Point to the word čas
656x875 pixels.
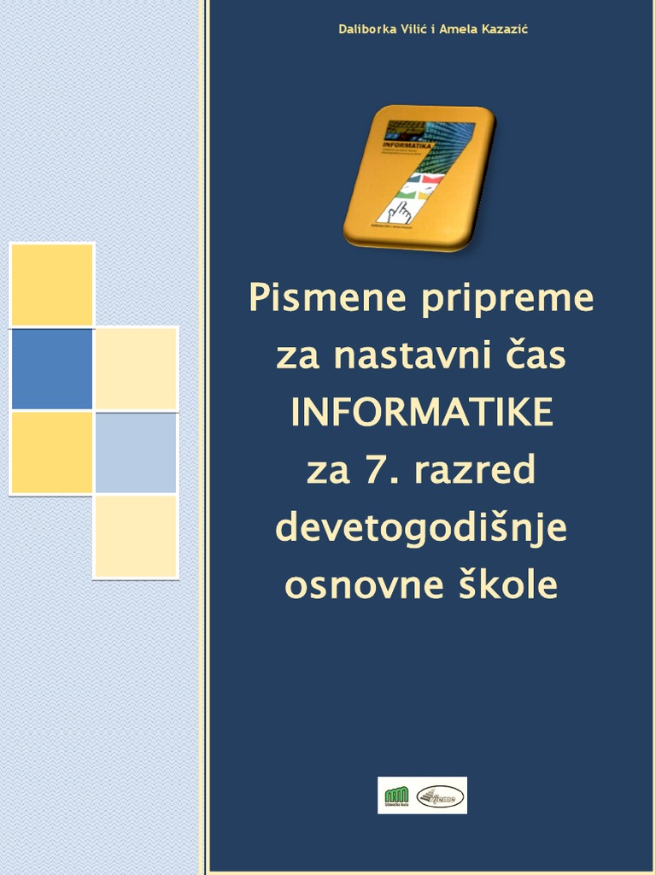pyautogui.click(x=535, y=355)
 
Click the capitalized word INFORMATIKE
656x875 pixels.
pyautogui.click(x=421, y=414)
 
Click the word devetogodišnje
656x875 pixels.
pyautogui.click(x=421, y=529)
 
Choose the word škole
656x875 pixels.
pyautogui.click(x=510, y=586)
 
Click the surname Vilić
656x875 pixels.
pyautogui.click(x=415, y=30)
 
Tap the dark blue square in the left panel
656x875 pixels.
pyautogui.click(x=52, y=369)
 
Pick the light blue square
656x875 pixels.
pyautogui.click(x=136, y=453)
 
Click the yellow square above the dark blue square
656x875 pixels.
pyautogui.click(x=52, y=285)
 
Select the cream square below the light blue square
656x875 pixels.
pyautogui.click(x=136, y=537)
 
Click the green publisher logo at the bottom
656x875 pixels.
pyautogui.click(x=395, y=796)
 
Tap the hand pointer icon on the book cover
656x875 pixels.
pyautogui.click(x=399, y=211)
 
